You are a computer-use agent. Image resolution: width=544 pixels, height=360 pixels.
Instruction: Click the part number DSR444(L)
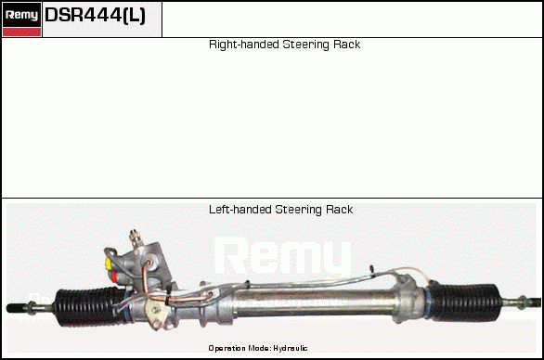[x=95, y=15]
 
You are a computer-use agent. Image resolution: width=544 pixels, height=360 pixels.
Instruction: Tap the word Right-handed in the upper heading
[x=244, y=45]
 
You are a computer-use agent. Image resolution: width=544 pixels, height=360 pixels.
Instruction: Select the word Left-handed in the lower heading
[x=240, y=210]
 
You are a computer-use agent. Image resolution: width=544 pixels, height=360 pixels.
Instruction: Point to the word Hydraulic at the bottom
[x=291, y=348]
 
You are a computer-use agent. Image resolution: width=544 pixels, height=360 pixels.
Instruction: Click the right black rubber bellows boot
[x=464, y=302]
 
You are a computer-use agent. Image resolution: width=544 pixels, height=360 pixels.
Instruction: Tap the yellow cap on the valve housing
[x=109, y=264]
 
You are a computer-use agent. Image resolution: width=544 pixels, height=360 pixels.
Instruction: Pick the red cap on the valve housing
[x=114, y=276]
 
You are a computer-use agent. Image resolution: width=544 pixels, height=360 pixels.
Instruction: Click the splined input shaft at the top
[x=135, y=238]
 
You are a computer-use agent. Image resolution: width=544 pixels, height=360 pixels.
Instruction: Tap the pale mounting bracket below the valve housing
[x=155, y=312]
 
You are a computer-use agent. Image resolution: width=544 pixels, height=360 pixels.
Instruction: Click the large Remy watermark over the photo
[x=283, y=256]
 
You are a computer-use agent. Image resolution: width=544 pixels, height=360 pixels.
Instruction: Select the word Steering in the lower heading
[x=298, y=210]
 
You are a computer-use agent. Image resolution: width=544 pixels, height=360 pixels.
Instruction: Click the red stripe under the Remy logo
[x=21, y=32]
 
